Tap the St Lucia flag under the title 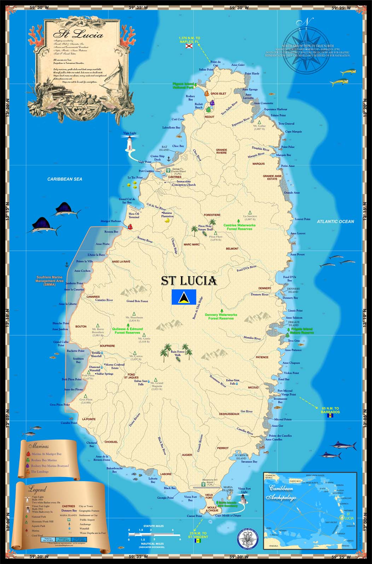[x=184, y=297]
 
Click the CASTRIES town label [x=175, y=177]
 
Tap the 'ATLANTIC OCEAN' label [x=335, y=222]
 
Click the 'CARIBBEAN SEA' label [x=65, y=179]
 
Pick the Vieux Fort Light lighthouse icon [x=244, y=499]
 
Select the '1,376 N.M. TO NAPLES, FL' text [x=189, y=40]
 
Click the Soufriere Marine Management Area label [x=50, y=281]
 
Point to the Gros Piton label [x=86, y=401]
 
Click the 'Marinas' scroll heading [x=39, y=446]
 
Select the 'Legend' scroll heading [x=37, y=489]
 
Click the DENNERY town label [x=265, y=288]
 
